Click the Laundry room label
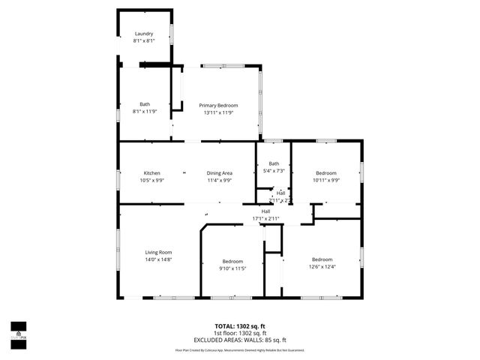pyautogui.click(x=144, y=34)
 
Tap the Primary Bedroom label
pyautogui.click(x=218, y=106)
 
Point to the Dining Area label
pyautogui.click(x=220, y=173)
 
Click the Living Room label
pyautogui.click(x=158, y=252)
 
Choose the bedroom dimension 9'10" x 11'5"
pyautogui.click(x=232, y=268)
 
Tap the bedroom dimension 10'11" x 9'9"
pyautogui.click(x=325, y=180)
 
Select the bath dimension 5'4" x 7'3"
pyautogui.click(x=274, y=170)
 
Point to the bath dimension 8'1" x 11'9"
pyautogui.click(x=145, y=111)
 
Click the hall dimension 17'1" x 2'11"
pyautogui.click(x=265, y=218)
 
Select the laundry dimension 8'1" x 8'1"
pyautogui.click(x=144, y=40)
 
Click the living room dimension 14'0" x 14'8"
pyautogui.click(x=158, y=259)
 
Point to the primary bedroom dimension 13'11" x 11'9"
pyautogui.click(x=218, y=112)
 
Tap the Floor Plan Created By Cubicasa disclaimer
pyautogui.click(x=240, y=349)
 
